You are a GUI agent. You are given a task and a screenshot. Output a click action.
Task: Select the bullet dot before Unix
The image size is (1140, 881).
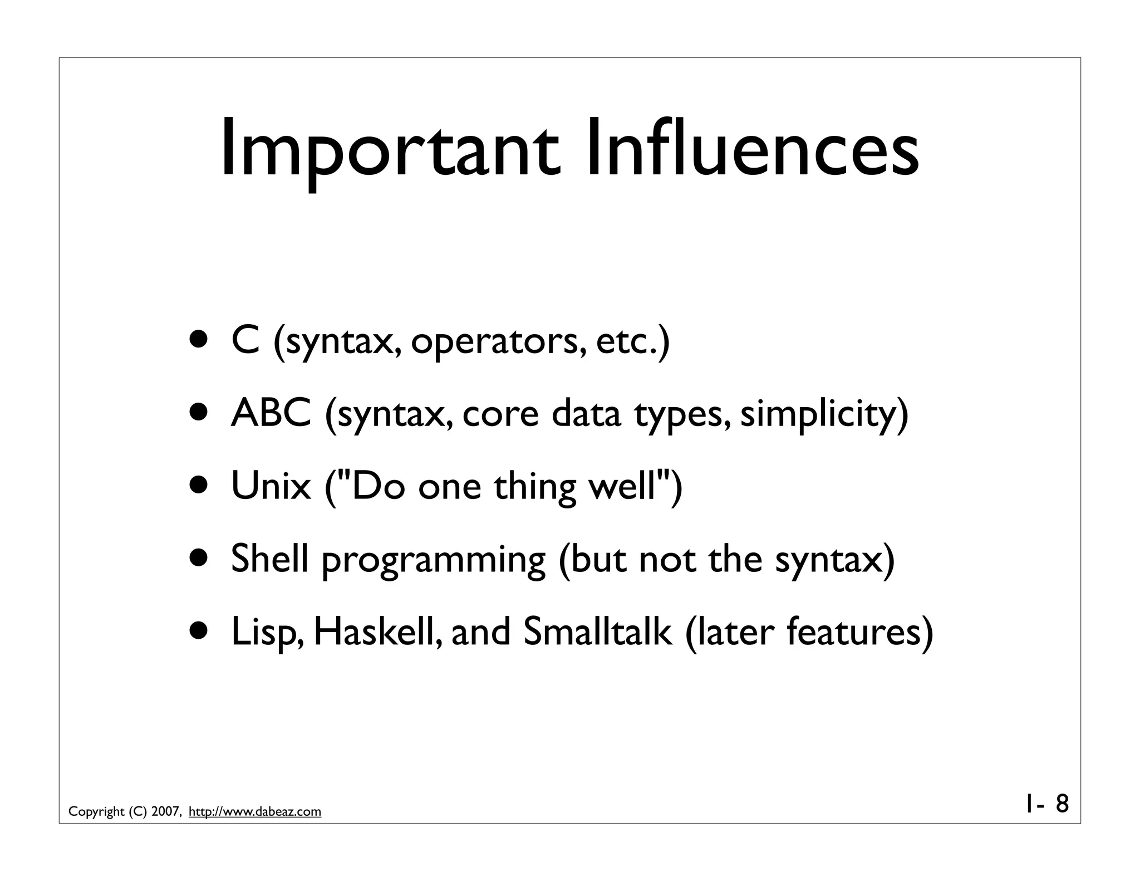[x=199, y=486]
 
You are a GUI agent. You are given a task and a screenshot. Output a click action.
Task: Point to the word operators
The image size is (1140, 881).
[x=498, y=343]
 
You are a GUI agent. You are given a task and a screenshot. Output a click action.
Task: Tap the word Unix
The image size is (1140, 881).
[x=271, y=486]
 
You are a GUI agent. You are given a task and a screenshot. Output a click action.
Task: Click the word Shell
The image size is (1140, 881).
[x=269, y=559]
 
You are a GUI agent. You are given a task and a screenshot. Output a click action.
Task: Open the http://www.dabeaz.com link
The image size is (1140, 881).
[x=255, y=811]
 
